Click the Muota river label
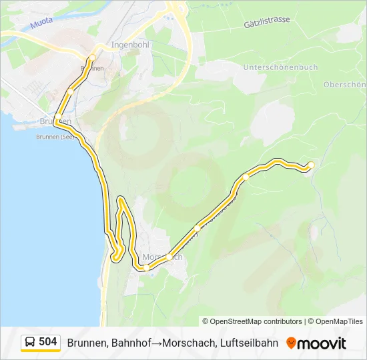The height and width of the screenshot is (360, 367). coord(40,25)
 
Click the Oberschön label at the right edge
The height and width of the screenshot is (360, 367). coord(344,85)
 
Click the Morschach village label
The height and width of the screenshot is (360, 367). coord(162,257)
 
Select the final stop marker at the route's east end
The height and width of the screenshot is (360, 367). coord(311,165)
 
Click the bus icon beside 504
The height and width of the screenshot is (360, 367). coord(30,343)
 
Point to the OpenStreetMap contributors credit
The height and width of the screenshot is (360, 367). coord(252,321)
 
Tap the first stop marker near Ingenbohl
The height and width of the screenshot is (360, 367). coord(92,58)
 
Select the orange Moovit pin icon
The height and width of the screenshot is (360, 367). coord(291,343)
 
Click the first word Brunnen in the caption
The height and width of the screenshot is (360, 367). coord(88,343)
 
